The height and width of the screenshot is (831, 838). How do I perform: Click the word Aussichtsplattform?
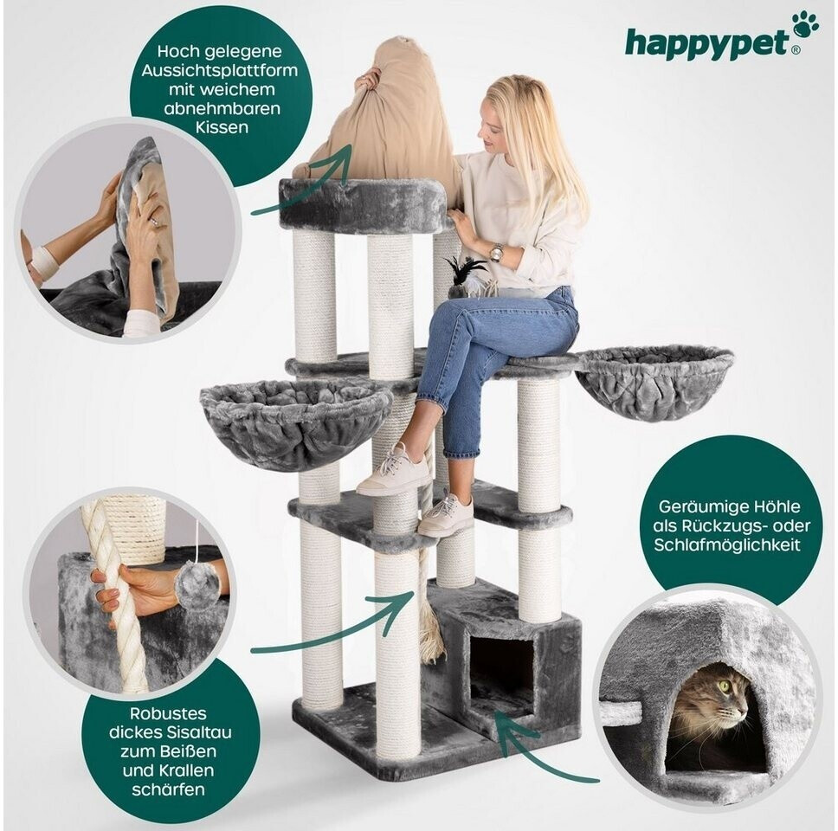tap(220, 70)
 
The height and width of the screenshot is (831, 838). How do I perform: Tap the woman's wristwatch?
tap(497, 252)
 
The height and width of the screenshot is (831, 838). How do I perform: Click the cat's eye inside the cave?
tap(725, 685)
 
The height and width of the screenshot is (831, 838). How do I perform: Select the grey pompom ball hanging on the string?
tap(197, 585)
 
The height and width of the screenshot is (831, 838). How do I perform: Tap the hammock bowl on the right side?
tap(655, 381)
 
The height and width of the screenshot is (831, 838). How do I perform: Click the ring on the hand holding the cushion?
tap(153, 222)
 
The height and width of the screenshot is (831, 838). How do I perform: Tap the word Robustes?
tap(168, 713)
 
